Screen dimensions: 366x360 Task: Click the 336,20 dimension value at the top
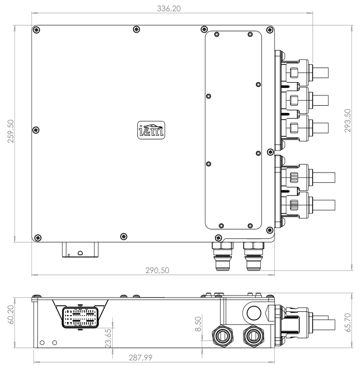172,9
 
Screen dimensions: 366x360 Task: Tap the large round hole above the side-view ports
252,311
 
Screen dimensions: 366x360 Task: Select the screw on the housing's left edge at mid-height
36,128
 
